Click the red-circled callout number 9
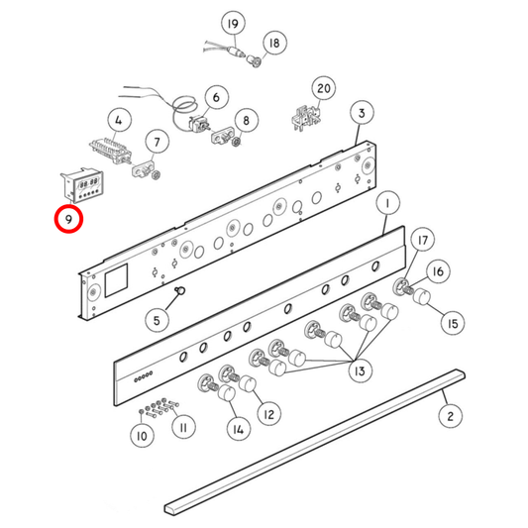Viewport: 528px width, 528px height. (x=68, y=219)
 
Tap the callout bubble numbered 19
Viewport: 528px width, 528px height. (x=233, y=24)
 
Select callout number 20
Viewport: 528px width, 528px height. (x=324, y=88)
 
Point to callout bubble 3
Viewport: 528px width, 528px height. (x=362, y=113)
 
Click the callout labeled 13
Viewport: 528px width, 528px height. (x=360, y=371)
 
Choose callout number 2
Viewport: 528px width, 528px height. (x=451, y=416)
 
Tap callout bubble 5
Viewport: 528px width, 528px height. (x=157, y=320)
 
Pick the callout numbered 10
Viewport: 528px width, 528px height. (x=142, y=436)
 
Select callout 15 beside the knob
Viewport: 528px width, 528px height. (x=453, y=324)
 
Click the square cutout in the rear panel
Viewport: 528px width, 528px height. (x=116, y=280)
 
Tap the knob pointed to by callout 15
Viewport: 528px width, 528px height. (x=421, y=296)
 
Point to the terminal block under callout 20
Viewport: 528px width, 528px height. (x=305, y=119)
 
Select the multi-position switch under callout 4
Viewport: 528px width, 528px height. (x=110, y=150)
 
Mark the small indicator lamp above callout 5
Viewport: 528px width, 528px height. (x=180, y=290)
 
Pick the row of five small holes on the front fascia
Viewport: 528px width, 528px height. (x=144, y=376)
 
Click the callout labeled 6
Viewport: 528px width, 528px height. (x=216, y=98)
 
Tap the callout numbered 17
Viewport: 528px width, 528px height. (x=423, y=240)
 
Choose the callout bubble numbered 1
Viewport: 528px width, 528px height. (x=387, y=203)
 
